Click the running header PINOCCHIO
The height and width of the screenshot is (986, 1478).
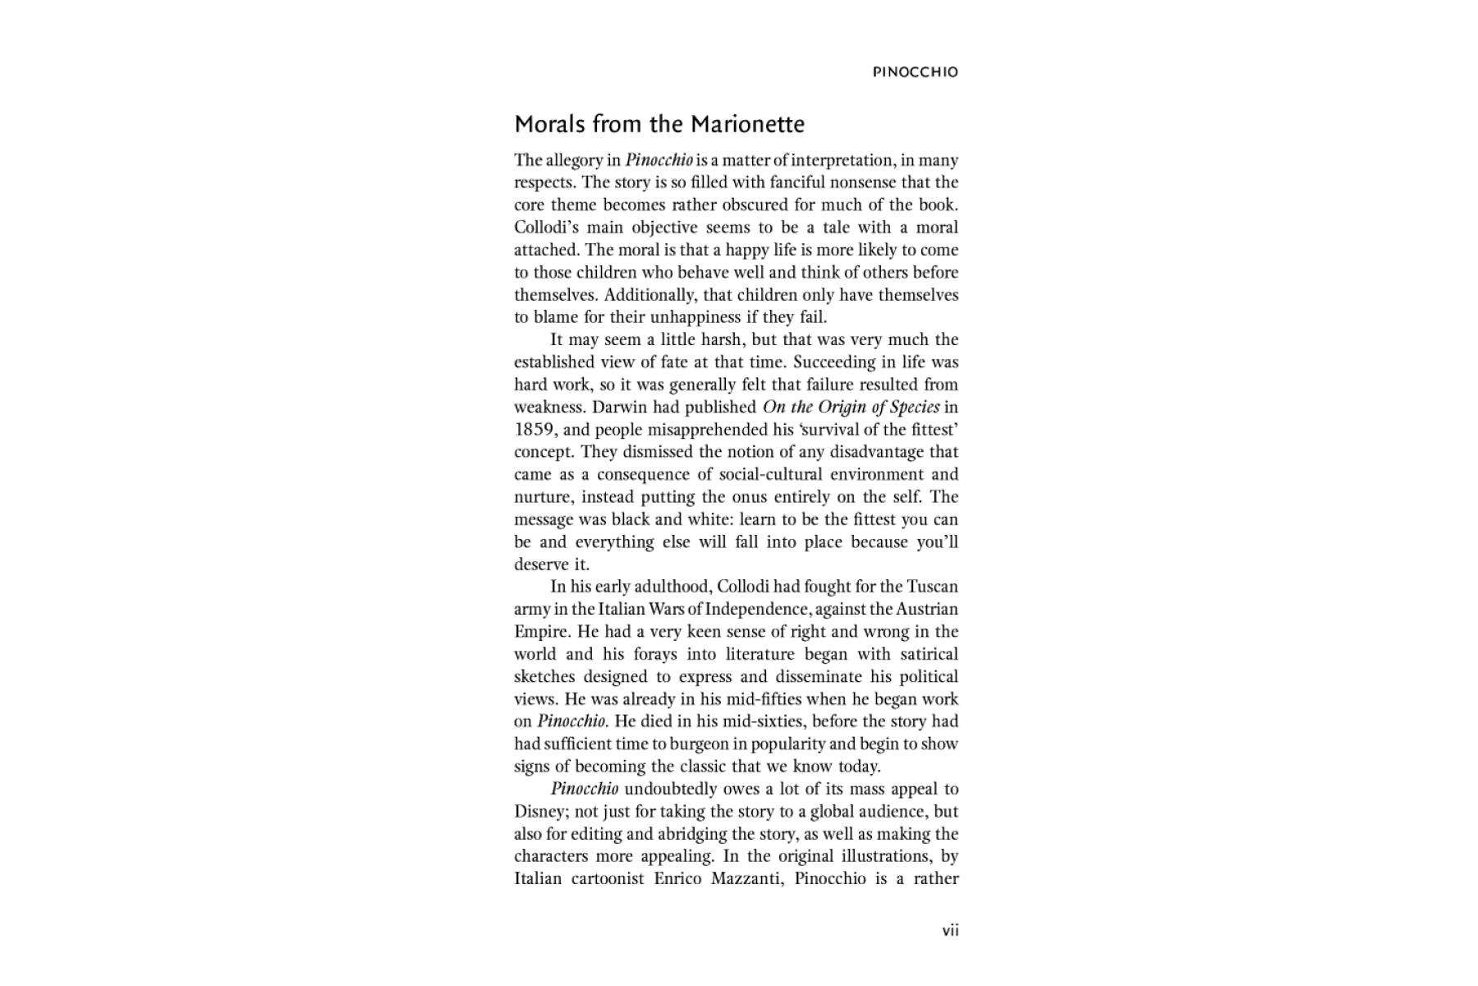(915, 72)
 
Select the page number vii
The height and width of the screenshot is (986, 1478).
(950, 930)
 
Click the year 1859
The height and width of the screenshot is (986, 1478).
(533, 430)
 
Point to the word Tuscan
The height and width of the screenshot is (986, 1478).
(932, 587)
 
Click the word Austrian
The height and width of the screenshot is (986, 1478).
(926, 609)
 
